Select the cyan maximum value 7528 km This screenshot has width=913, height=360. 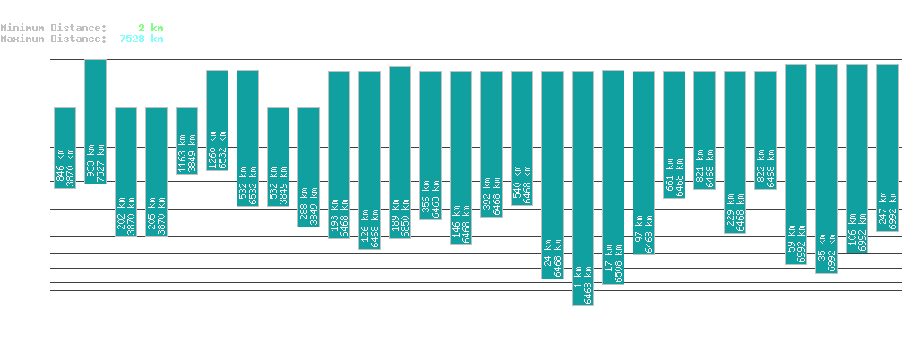click(142, 39)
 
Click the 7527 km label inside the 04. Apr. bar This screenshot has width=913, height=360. click(100, 162)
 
